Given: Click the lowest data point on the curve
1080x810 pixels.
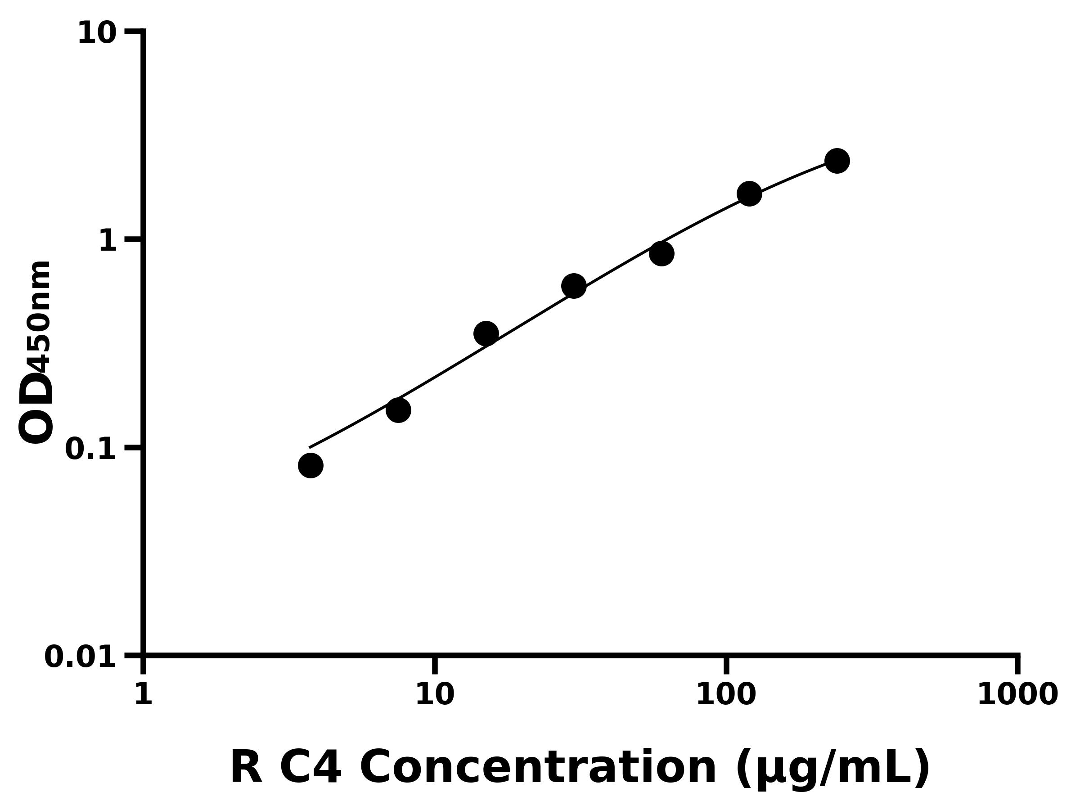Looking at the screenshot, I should pos(310,465).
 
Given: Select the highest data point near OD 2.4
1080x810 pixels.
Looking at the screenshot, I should pos(837,161).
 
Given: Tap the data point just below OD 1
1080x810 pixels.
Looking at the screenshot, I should pos(661,253).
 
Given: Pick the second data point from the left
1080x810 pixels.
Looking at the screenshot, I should pos(398,410).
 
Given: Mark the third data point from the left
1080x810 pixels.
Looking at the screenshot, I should pos(486,333).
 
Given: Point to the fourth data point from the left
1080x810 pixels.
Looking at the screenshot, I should pos(574,286).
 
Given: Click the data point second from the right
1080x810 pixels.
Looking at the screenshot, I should pos(749,194).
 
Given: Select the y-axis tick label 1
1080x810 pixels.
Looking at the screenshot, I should pos(108,241).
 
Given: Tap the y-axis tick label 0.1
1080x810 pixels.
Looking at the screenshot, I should pos(91,449).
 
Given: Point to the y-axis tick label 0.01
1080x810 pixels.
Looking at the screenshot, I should pos(81,657).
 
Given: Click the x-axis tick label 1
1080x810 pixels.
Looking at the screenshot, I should pos(144,694).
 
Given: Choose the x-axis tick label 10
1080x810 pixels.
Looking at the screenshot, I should pos(435,694).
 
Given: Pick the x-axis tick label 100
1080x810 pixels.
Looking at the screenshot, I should pos(726,694).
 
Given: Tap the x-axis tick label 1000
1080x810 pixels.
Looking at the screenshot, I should pos(1017,694).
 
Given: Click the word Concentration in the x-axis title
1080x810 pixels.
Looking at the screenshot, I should pos(538,769).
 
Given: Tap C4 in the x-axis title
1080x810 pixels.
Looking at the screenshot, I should pos(310,768).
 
